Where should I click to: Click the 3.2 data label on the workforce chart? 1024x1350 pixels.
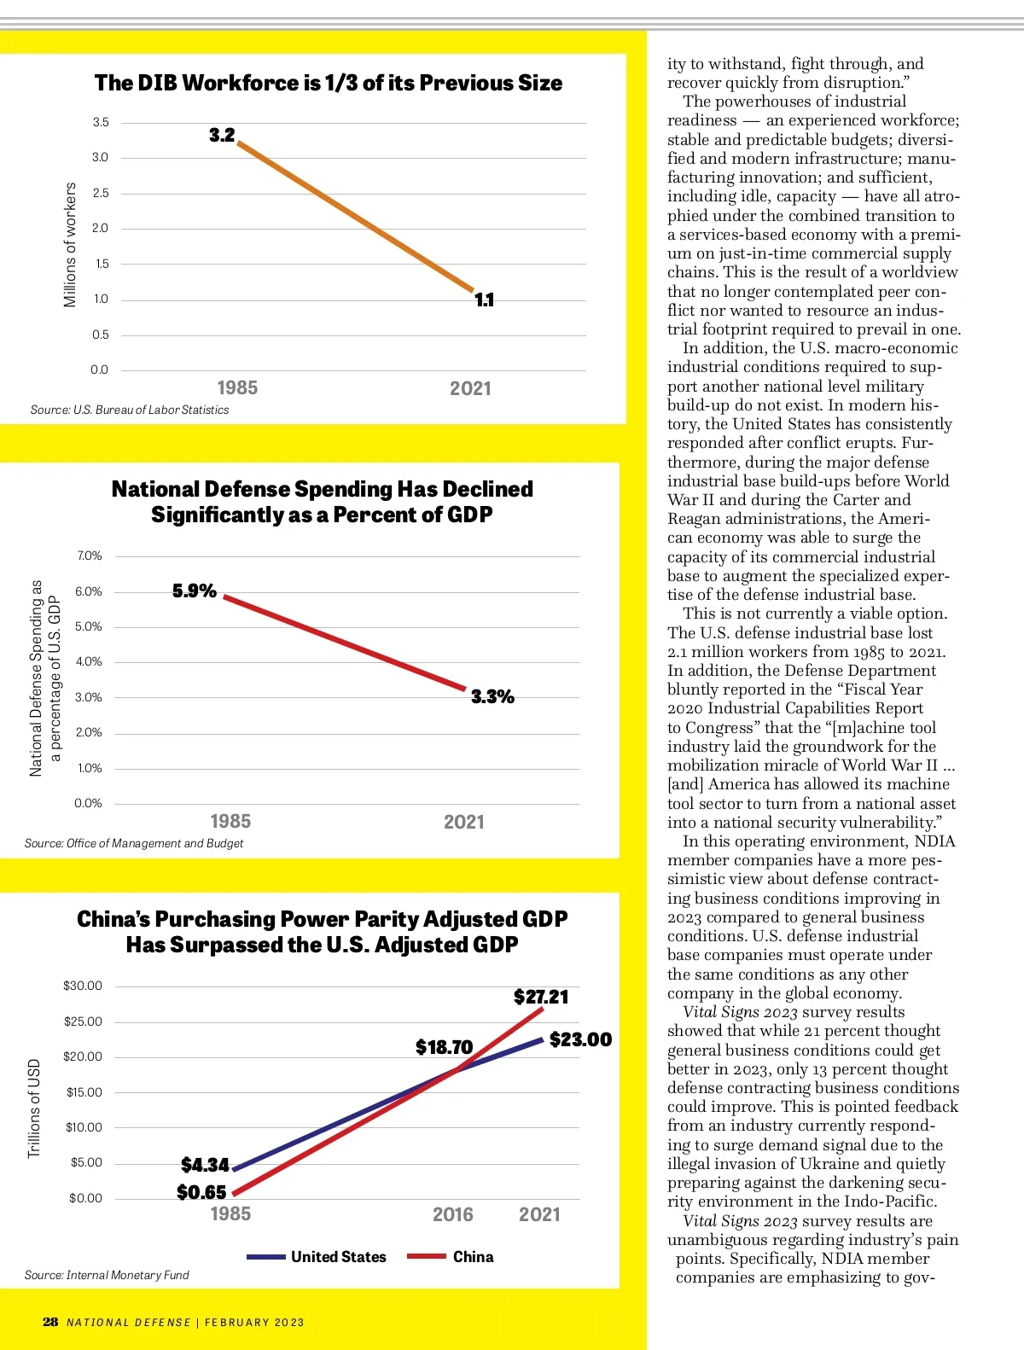[x=222, y=135]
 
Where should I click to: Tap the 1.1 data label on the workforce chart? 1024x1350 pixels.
[x=484, y=300]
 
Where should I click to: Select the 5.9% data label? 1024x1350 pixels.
[x=195, y=591]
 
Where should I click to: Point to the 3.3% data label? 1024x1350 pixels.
[x=492, y=696]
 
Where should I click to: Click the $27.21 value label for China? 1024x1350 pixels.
[x=541, y=997]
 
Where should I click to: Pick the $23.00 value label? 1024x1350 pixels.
[x=580, y=1039]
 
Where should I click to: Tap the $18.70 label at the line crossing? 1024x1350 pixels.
[x=444, y=1047]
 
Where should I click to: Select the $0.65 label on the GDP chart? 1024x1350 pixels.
[x=201, y=1192]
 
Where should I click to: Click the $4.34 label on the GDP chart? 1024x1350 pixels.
[x=205, y=1165]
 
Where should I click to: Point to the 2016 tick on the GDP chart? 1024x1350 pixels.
[x=452, y=1214]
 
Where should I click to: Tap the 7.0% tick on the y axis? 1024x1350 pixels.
[x=90, y=556]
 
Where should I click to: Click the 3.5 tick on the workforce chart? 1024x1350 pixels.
[x=101, y=122]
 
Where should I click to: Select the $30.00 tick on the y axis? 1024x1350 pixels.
[x=82, y=986]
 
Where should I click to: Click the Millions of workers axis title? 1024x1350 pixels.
[x=70, y=245]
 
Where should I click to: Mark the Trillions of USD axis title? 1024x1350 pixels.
[x=34, y=1108]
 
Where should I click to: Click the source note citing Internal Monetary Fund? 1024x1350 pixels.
[x=107, y=1275]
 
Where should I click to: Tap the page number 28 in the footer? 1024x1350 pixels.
[x=50, y=1322]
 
